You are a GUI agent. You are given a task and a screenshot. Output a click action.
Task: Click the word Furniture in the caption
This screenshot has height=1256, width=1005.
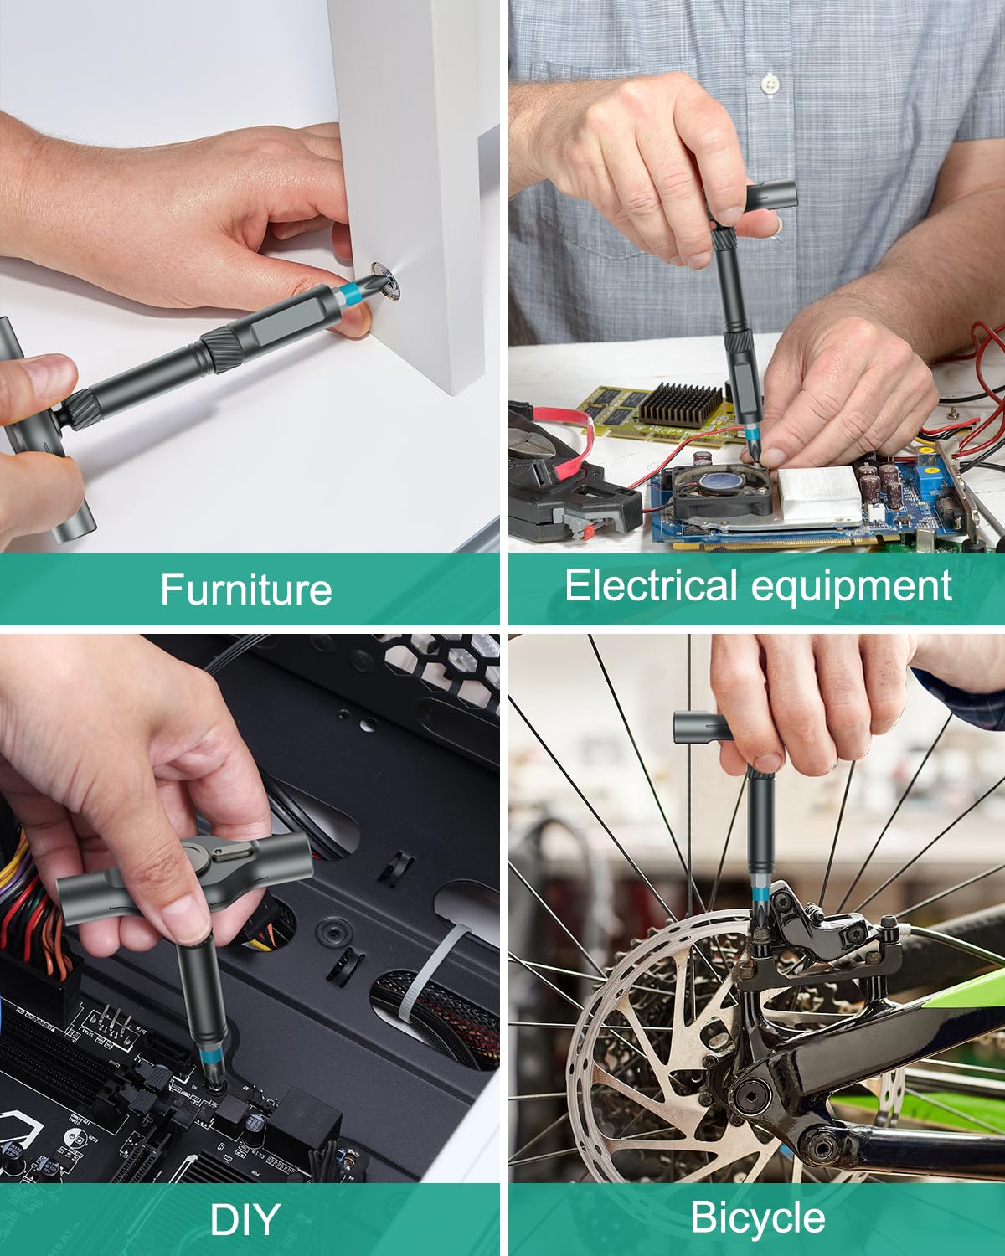click(x=245, y=589)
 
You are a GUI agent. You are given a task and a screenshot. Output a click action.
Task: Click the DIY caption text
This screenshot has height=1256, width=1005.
click(x=245, y=1220)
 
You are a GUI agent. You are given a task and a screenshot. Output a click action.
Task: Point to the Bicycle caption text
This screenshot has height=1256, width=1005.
click(x=757, y=1217)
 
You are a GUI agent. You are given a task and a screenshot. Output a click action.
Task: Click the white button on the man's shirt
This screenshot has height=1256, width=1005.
click(x=770, y=83)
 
